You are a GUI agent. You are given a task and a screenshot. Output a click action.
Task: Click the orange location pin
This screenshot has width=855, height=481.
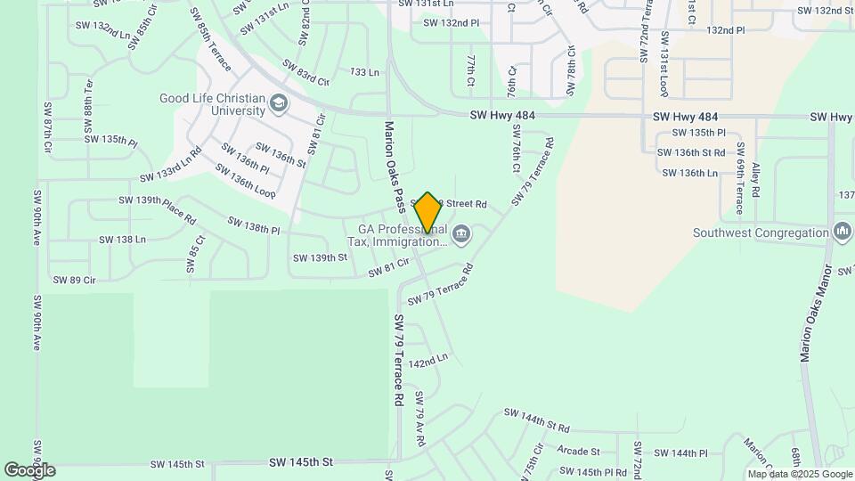pyautogui.click(x=427, y=212)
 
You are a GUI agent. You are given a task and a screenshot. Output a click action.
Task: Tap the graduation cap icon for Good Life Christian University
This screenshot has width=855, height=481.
pyautogui.click(x=280, y=103)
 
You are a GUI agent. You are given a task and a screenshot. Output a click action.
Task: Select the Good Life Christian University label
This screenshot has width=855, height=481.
pyautogui.click(x=213, y=104)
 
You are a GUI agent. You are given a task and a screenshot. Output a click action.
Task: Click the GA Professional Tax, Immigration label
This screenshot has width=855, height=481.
pyautogui.click(x=396, y=235)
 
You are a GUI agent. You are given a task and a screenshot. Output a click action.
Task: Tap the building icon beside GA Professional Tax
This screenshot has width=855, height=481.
pyautogui.click(x=461, y=235)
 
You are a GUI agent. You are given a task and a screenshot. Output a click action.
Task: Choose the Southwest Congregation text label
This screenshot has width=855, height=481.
pyautogui.click(x=761, y=233)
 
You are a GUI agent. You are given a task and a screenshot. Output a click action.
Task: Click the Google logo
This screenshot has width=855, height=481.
pyautogui.click(x=28, y=469)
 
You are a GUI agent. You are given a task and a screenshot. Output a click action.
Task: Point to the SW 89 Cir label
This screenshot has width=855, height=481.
pyautogui.click(x=74, y=280)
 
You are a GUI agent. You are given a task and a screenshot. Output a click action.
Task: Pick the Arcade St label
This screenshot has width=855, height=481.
pyautogui.click(x=578, y=452)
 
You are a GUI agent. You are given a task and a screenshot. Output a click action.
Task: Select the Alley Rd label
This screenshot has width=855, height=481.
pyautogui.click(x=755, y=179)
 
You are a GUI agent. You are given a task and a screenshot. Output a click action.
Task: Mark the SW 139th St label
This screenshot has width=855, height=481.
pyautogui.click(x=319, y=257)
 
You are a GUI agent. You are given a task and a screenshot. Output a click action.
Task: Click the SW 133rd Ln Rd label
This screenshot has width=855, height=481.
pyautogui.click(x=171, y=163)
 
